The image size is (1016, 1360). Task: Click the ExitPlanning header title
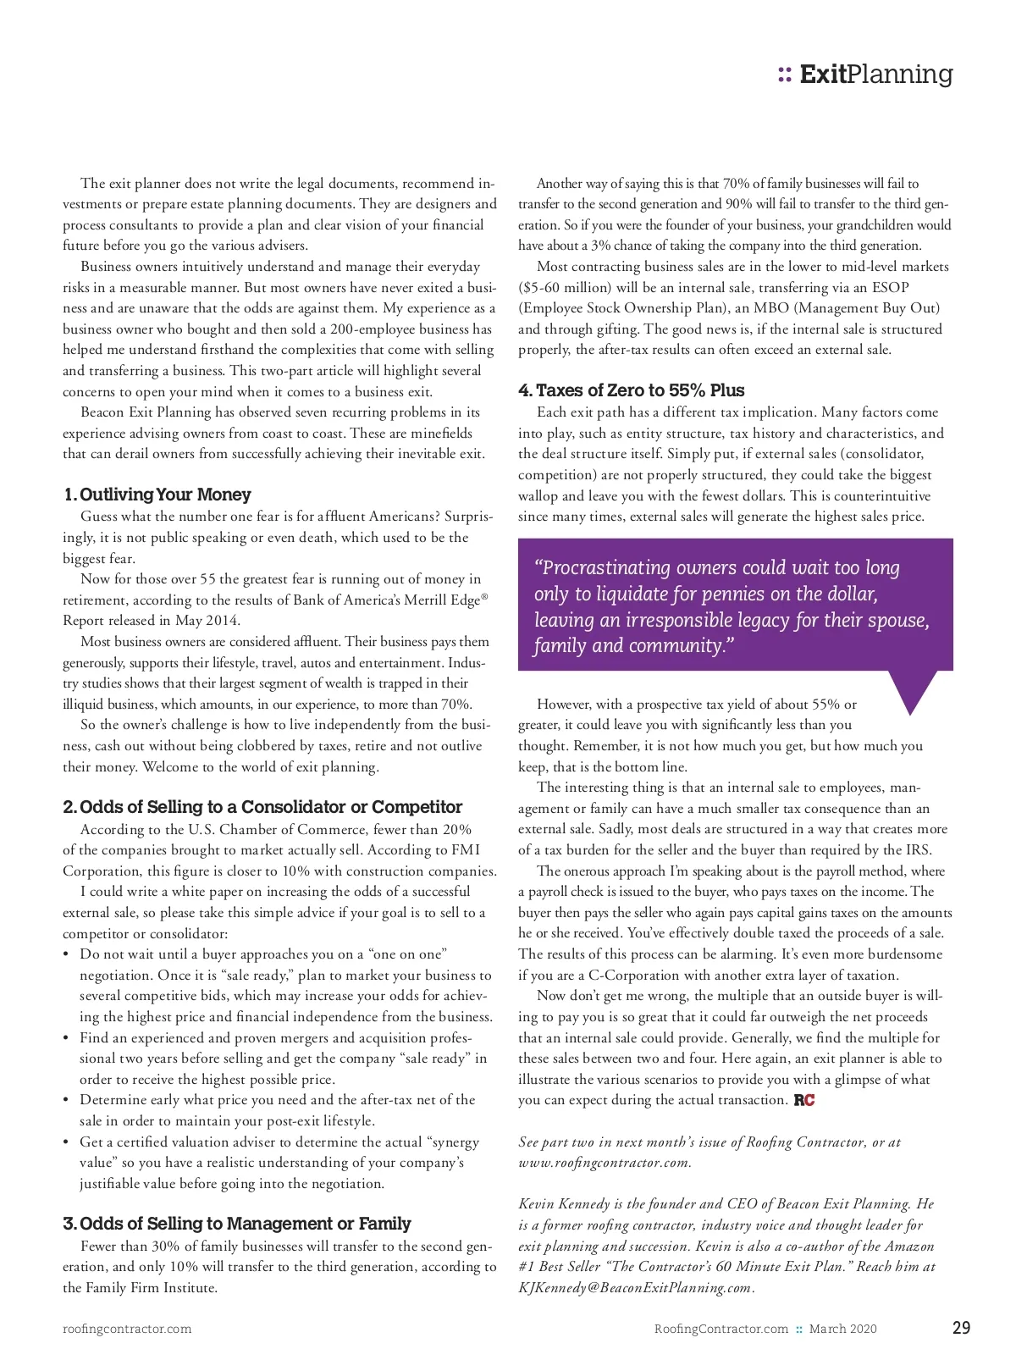point(876,75)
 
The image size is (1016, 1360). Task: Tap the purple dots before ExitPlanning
point(785,75)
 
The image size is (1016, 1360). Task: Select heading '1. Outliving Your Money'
point(157,495)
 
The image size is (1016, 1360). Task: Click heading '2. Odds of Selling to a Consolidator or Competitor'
point(262,807)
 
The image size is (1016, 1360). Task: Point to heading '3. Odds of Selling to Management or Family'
point(236,1224)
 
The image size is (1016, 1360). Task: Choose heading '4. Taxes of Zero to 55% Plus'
point(631,390)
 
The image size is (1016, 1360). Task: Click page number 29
point(961,1328)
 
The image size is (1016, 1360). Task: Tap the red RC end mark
point(804,1100)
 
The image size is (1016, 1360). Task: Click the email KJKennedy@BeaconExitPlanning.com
point(635,1288)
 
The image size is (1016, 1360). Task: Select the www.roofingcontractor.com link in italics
point(604,1163)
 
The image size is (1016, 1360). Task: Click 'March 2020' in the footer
point(842,1329)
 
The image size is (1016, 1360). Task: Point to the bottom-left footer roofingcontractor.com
point(127,1329)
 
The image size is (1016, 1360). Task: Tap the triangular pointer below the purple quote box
point(911,690)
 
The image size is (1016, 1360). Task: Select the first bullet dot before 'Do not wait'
point(67,954)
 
